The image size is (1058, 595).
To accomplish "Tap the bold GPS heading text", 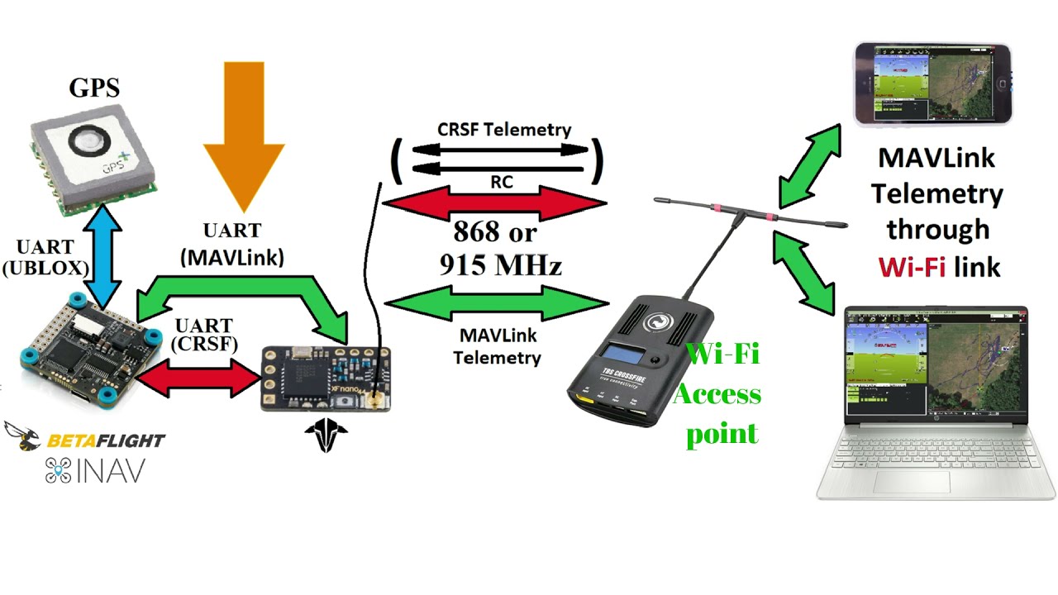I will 94,88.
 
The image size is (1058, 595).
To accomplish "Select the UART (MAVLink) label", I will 232,245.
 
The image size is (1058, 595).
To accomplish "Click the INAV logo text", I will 95,471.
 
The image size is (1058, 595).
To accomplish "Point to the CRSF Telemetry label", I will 503,130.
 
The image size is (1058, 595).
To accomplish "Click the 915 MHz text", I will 500,265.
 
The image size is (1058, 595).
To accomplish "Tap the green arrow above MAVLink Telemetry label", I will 497,304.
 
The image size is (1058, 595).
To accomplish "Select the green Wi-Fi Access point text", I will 716,394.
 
